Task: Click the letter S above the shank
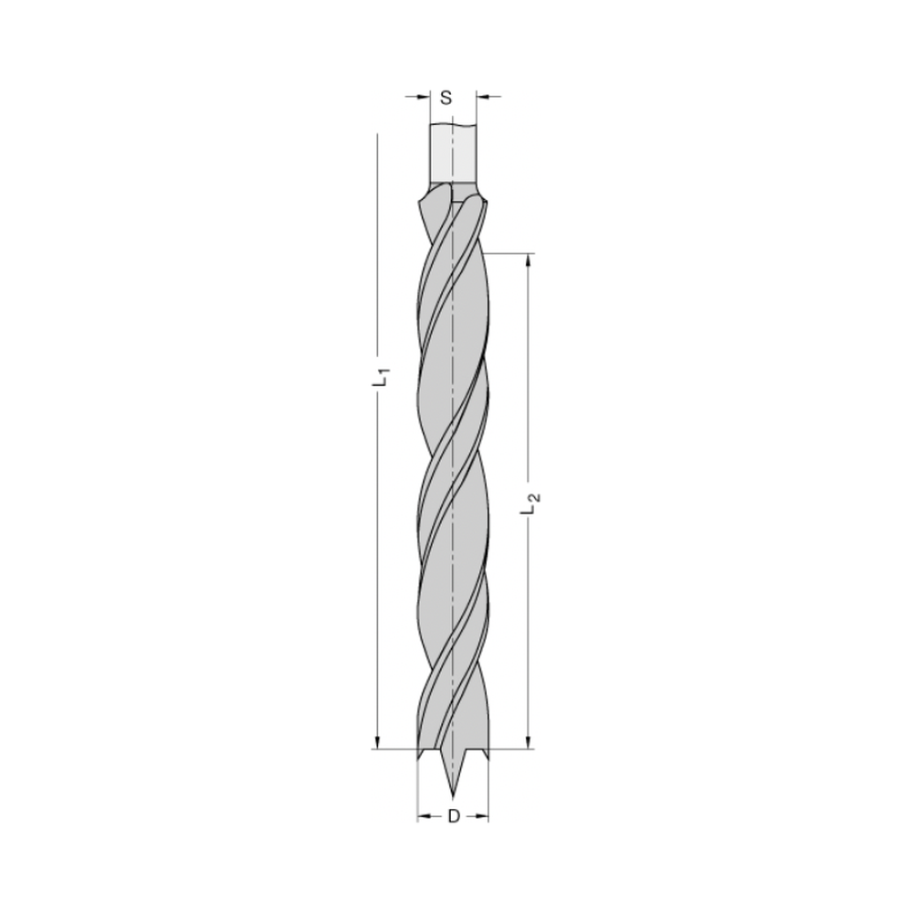tap(446, 96)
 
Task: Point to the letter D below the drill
tap(453, 815)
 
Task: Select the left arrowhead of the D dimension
tap(423, 815)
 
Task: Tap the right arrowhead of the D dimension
tap(483, 815)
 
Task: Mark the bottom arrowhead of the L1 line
tap(376, 742)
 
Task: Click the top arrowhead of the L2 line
tap(527, 260)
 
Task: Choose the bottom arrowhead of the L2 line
tap(527, 742)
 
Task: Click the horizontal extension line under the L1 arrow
tap(393, 750)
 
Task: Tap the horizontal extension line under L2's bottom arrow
tap(511, 750)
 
